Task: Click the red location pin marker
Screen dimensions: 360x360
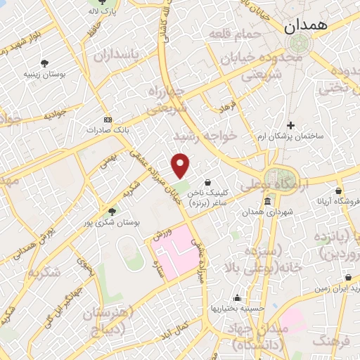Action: point(181,165)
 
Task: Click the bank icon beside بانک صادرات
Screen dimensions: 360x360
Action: point(107,119)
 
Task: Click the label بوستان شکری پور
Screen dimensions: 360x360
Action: point(113,221)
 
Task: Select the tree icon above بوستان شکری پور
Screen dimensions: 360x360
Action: point(112,210)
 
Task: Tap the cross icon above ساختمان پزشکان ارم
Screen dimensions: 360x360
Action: point(290,124)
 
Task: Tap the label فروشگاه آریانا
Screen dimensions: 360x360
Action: point(338,201)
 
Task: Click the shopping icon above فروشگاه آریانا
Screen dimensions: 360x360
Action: point(338,190)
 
